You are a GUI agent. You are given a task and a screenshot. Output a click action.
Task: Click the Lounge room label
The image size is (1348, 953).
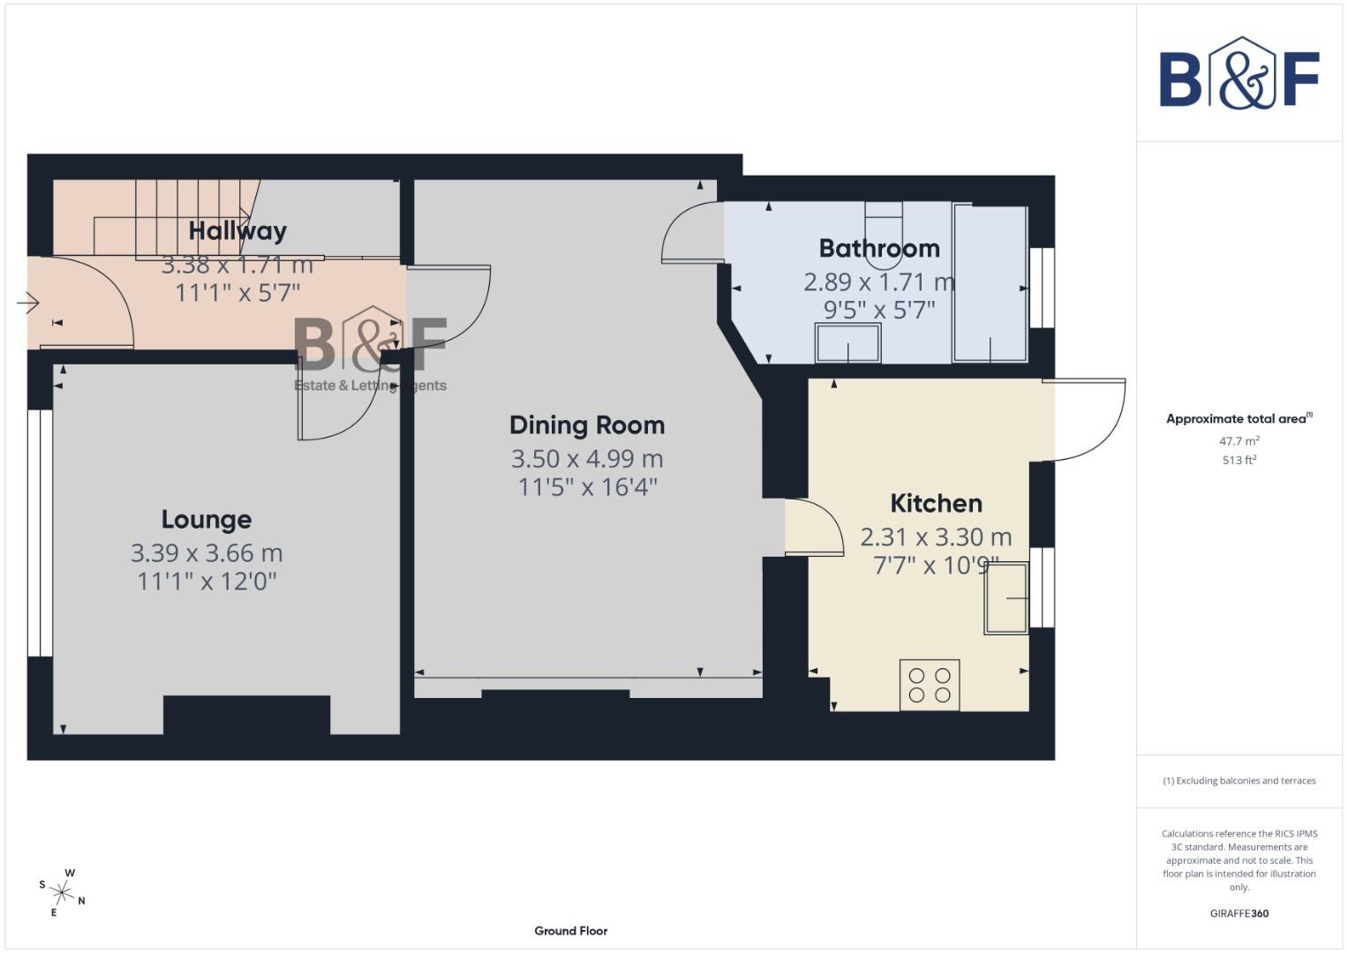coord(206,520)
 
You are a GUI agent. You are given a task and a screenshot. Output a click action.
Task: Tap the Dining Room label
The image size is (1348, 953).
coord(587,425)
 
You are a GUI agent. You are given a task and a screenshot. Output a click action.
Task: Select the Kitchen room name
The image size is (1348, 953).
coord(936,504)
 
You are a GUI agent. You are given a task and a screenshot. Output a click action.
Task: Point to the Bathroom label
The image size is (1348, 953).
coord(878,249)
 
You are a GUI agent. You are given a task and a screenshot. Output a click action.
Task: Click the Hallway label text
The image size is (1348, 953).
coord(237,231)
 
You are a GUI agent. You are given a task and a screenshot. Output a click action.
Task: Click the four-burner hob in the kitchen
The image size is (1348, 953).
coord(930,685)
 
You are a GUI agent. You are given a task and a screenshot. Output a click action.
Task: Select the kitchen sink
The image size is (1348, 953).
coord(1007,597)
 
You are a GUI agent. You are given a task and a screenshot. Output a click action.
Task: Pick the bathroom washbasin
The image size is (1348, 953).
coord(848,342)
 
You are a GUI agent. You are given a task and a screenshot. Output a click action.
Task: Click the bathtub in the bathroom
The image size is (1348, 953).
coord(990,283)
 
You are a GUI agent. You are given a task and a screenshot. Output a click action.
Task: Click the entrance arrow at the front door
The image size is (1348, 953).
coord(27,304)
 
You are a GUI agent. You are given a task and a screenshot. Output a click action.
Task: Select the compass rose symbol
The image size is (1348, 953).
coord(62,893)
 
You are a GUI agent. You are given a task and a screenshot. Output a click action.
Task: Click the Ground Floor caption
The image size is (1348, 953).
coord(570,931)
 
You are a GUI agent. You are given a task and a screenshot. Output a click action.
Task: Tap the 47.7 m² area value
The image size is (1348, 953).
coord(1239,441)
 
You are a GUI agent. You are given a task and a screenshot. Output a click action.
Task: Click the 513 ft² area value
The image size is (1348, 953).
coord(1239,461)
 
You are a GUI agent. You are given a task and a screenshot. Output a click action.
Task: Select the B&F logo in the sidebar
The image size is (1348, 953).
coord(1239,74)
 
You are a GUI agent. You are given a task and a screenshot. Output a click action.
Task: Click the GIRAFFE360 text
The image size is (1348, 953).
coord(1239,913)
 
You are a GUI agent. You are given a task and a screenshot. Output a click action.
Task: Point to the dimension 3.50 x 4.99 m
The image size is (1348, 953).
coord(587,459)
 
